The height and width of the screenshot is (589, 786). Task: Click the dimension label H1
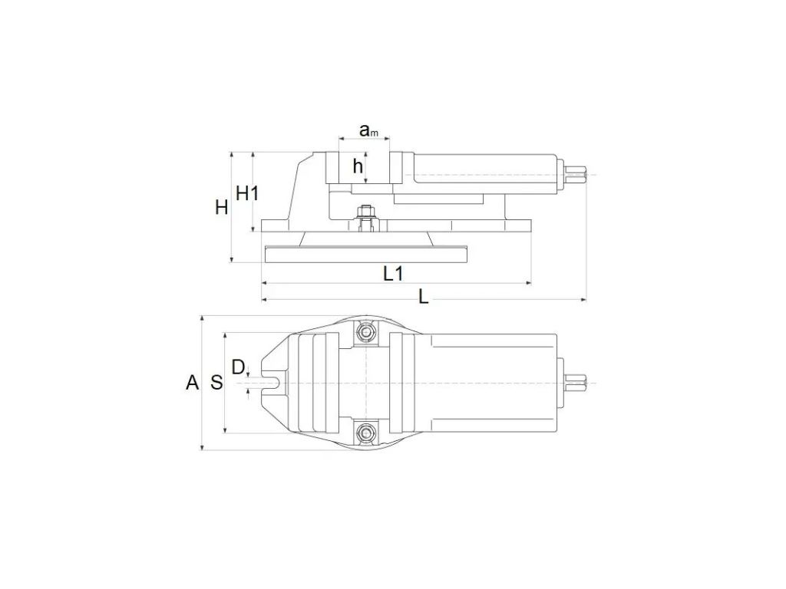[x=247, y=192]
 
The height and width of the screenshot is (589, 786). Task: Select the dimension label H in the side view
[x=222, y=207]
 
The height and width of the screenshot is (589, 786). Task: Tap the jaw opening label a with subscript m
[x=368, y=130]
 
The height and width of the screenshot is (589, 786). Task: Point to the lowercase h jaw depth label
[x=358, y=166]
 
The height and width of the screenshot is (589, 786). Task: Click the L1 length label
[x=394, y=274]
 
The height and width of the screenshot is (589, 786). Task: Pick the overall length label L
[x=424, y=298]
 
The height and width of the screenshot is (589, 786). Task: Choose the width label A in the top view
[x=193, y=383]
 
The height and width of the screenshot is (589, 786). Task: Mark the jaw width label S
[x=216, y=383]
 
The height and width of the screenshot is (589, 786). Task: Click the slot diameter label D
[x=238, y=367]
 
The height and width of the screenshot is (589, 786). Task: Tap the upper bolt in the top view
[x=366, y=332]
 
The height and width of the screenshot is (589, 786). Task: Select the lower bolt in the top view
[x=366, y=433]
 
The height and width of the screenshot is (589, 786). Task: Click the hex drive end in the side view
[x=576, y=175]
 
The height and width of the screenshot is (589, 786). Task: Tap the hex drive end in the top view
[x=576, y=383]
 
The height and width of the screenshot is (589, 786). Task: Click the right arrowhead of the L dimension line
[x=583, y=300]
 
